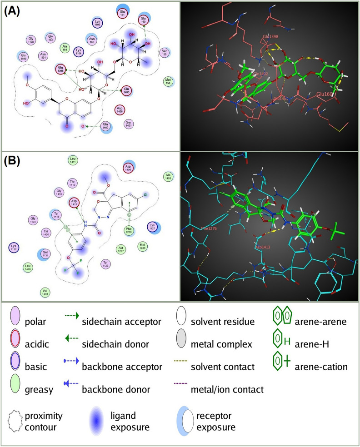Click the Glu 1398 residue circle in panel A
pyautogui.click(x=61, y=70)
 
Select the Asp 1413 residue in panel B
pyautogui.click(x=74, y=203)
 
